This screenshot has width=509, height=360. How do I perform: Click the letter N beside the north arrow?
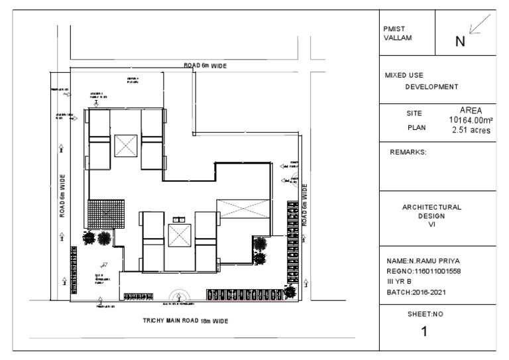tap(459, 42)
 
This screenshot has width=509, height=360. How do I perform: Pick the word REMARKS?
tap(408, 152)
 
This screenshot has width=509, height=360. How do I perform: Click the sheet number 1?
tap(424, 331)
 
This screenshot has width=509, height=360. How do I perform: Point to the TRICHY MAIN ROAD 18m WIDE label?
tap(186, 320)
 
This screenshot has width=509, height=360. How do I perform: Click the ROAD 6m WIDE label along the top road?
tap(205, 66)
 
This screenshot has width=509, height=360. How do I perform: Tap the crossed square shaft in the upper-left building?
tap(125, 145)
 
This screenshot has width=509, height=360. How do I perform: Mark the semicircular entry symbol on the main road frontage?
tap(179, 297)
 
